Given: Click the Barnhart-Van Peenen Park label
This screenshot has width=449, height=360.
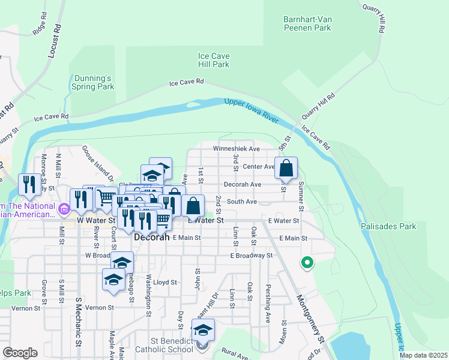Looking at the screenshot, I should (x=307, y=23).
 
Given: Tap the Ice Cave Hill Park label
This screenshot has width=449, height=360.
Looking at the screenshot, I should (x=214, y=60).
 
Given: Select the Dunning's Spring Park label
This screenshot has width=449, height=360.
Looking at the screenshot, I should (x=93, y=82).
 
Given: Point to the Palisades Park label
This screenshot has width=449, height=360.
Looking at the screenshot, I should (x=388, y=227).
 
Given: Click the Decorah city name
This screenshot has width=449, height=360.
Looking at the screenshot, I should (x=151, y=237).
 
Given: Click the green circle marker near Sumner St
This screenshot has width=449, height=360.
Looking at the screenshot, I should (x=307, y=262).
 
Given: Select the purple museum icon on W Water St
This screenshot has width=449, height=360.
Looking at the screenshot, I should (x=65, y=209).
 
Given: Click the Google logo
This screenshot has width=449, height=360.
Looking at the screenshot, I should (x=20, y=353).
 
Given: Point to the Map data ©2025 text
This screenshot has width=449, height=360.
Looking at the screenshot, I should (x=423, y=355).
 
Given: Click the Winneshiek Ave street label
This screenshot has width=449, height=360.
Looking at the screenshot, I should (x=236, y=149).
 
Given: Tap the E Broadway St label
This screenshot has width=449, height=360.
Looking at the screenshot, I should (x=252, y=255).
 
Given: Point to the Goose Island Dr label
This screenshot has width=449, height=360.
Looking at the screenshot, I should (x=98, y=163).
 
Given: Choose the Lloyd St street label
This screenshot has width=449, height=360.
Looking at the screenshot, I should (x=165, y=282).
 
